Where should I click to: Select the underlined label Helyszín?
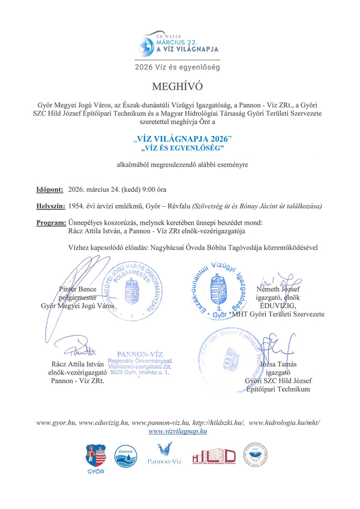(x=50, y=206)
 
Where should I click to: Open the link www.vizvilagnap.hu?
(x=178, y=430)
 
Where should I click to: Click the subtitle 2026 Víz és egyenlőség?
(x=178, y=67)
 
